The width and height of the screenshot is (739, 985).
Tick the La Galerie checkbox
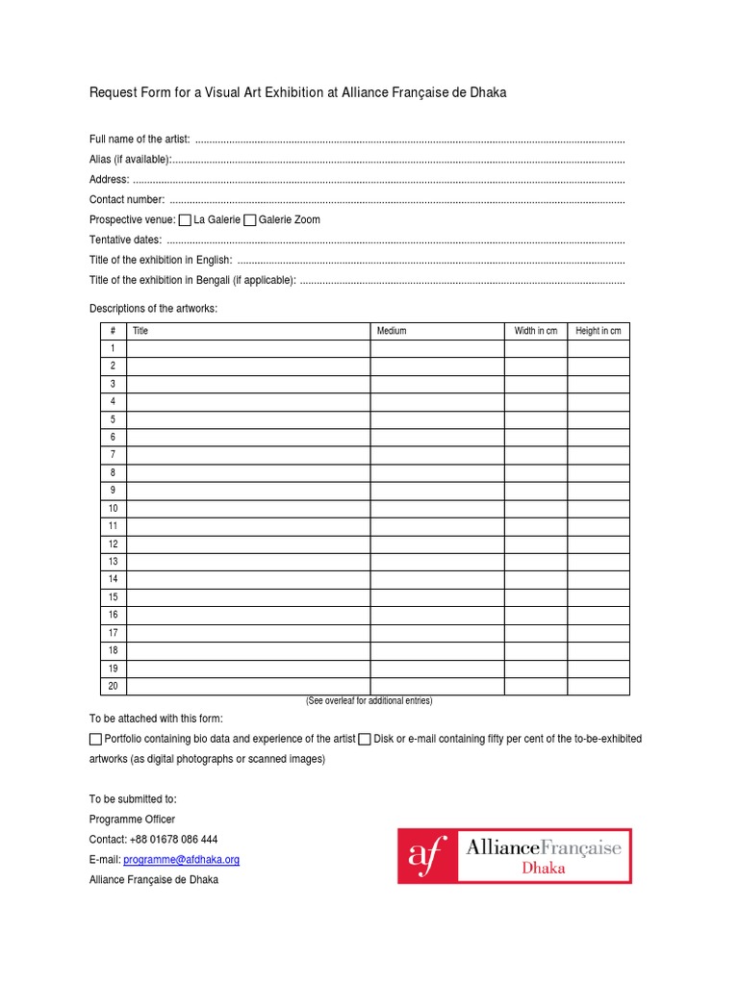click(186, 220)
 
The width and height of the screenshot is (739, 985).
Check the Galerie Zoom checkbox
click(250, 220)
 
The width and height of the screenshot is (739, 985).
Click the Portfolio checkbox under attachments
click(95, 739)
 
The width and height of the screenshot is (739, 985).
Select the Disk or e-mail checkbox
click(365, 739)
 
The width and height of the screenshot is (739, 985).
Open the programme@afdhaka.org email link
click(181, 860)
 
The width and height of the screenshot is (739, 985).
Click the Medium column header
click(392, 331)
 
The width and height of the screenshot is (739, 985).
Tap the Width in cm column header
click(535, 331)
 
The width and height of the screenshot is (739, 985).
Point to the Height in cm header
click(598, 331)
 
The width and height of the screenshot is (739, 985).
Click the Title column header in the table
click(140, 331)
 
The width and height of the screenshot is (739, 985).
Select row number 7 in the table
click(113, 455)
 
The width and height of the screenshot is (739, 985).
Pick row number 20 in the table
click(113, 686)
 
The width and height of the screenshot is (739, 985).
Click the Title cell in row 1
click(248, 348)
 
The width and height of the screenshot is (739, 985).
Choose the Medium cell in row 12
click(437, 543)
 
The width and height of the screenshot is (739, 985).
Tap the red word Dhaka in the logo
click(543, 868)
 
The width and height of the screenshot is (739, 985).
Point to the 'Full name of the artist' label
click(140, 139)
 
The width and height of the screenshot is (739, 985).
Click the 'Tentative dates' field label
click(125, 240)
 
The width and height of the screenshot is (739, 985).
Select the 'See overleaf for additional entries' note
click(369, 701)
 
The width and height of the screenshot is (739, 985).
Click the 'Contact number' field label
click(127, 200)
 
